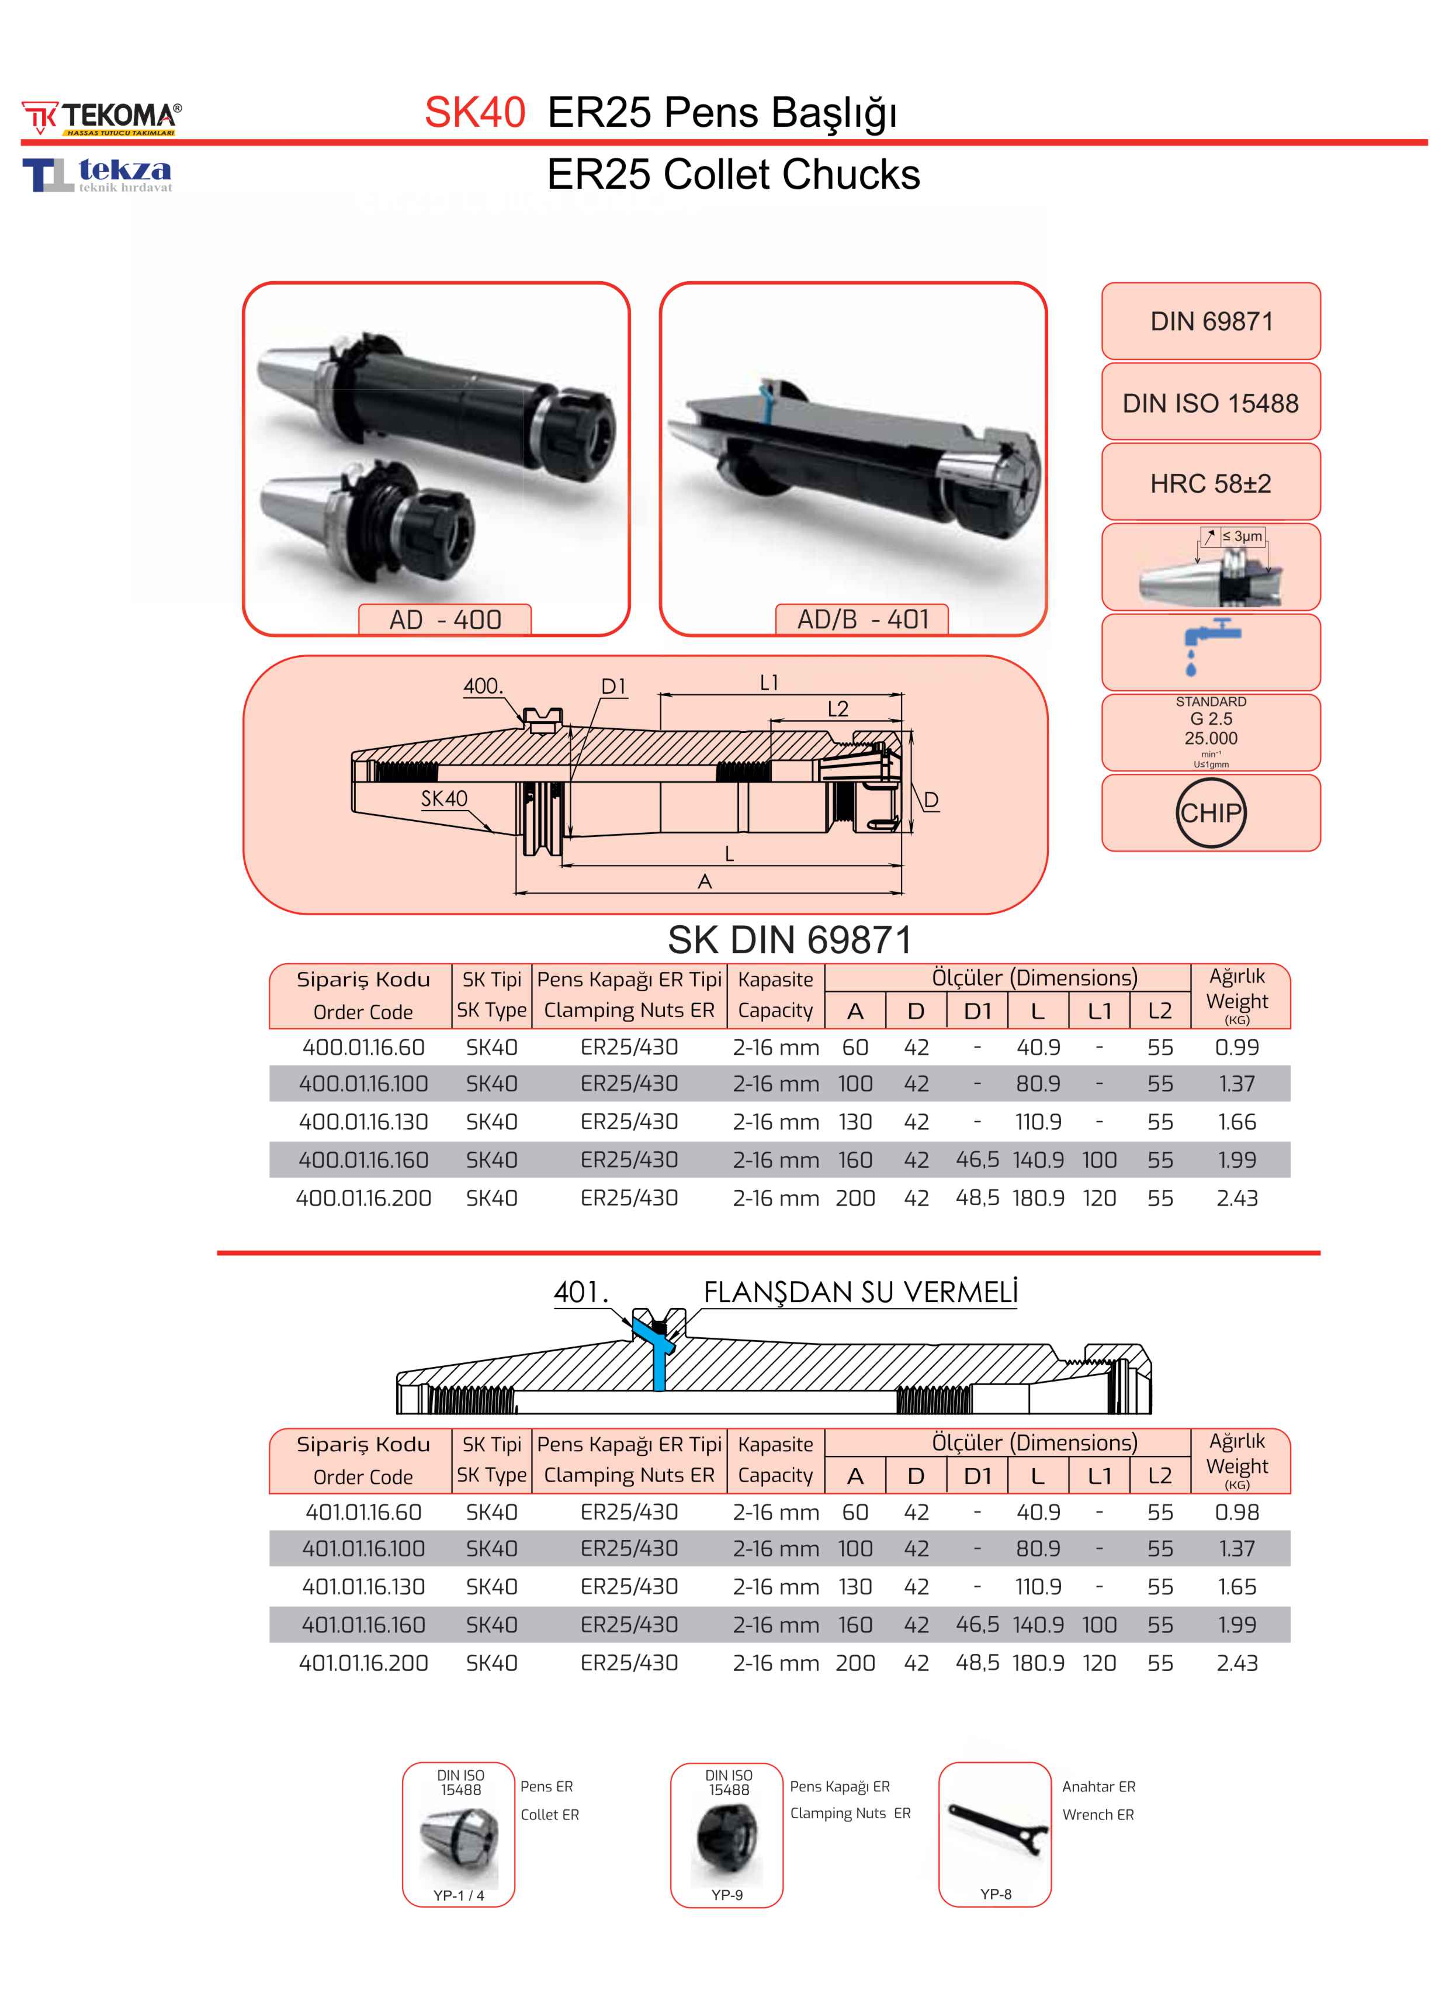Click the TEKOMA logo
pos(102,118)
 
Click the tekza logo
pos(98,174)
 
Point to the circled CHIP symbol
pos(1211,812)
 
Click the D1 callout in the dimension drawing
pos(613,686)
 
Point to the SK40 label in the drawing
pos(444,798)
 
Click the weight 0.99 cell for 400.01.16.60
pos(1237,1047)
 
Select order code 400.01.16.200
pos(363,1198)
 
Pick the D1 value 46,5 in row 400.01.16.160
pos(977,1160)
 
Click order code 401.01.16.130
pos(363,1587)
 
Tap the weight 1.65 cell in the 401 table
pos(1237,1587)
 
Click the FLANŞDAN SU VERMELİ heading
pos(860,1293)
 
